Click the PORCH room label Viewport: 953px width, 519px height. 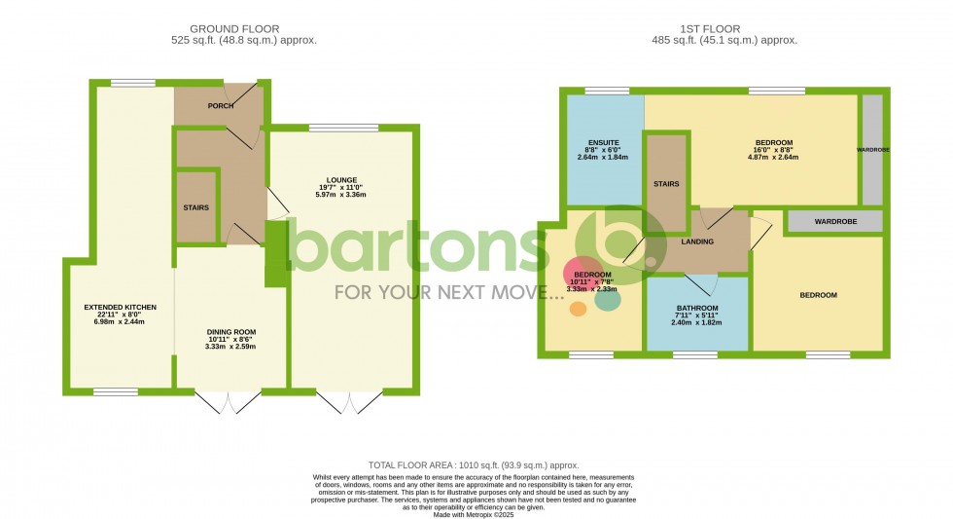220,106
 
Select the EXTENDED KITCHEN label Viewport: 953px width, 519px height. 120,308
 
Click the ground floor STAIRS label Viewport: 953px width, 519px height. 196,207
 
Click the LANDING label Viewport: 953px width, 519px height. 697,242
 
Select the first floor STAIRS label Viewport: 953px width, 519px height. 666,184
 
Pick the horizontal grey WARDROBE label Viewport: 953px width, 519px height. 833,222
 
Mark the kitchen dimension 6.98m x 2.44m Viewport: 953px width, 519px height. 120,321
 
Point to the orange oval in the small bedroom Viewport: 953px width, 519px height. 578,309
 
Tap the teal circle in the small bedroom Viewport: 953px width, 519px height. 608,299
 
